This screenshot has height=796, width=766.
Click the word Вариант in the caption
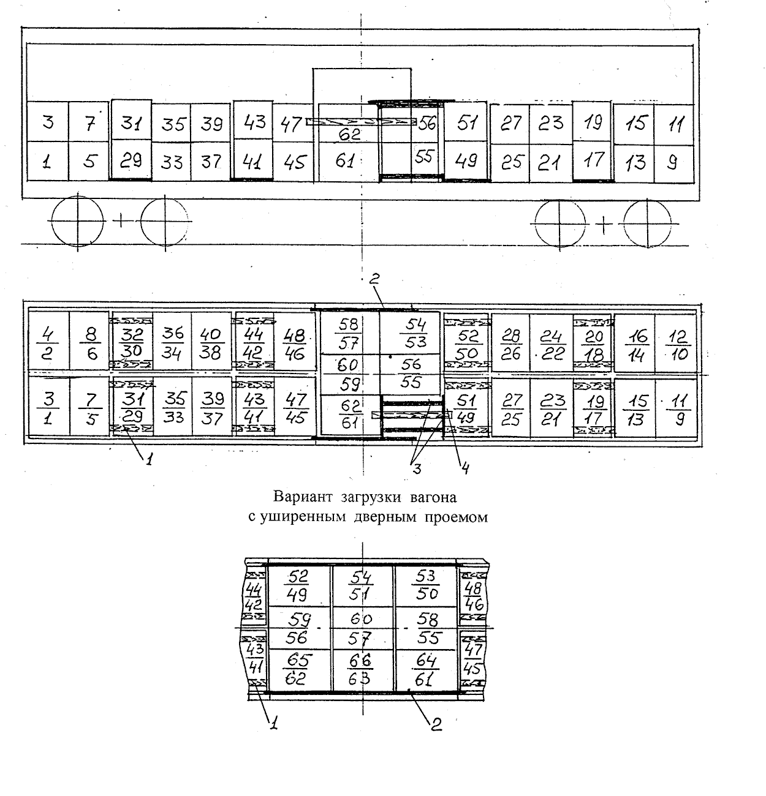301,495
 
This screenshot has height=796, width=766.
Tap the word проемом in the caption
455,517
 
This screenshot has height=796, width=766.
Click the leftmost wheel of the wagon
78,220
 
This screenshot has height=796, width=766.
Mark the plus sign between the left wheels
121,220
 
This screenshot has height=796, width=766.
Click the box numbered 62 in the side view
349,133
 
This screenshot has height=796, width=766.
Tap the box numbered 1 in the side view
47,162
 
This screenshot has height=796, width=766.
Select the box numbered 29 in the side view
131,160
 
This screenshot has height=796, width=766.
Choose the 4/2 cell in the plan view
48,342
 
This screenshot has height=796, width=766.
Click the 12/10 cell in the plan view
677,344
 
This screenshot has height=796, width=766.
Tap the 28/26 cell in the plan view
510,344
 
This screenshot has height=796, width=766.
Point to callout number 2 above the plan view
374,280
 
